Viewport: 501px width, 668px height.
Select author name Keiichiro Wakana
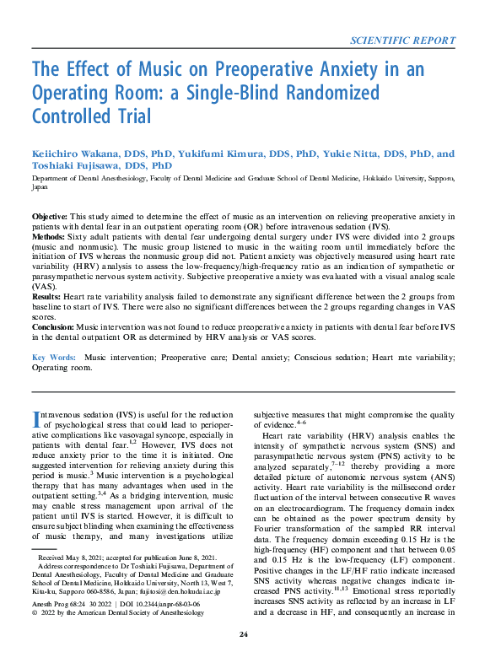click(81, 154)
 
